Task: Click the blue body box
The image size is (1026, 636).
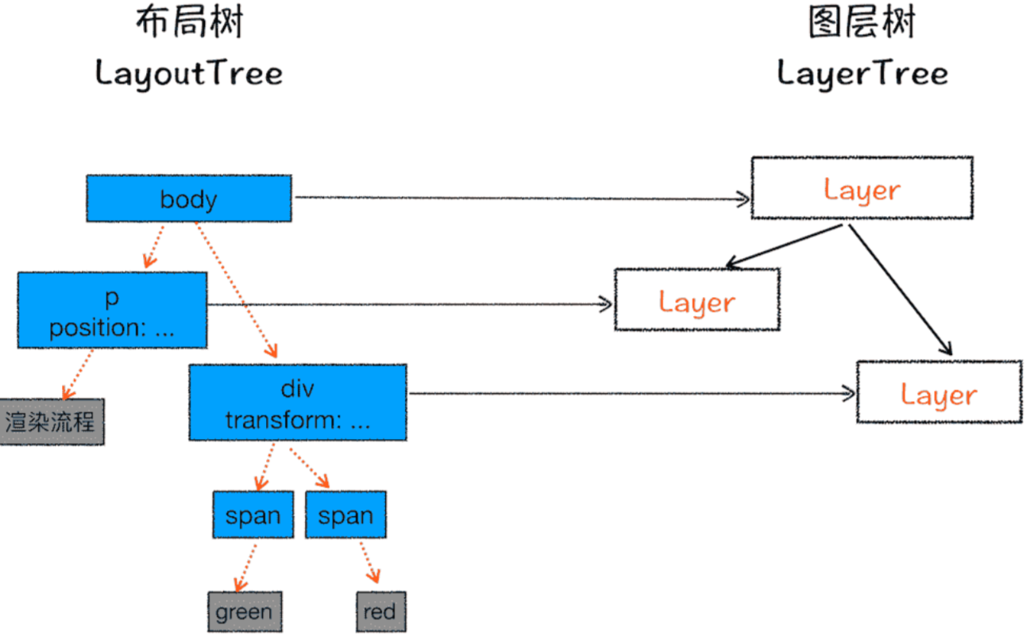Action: (x=188, y=198)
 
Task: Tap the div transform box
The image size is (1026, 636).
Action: (x=297, y=402)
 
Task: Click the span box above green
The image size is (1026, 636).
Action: (x=253, y=515)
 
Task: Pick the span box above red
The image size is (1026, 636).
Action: (x=345, y=515)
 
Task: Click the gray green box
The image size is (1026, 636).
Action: (x=244, y=611)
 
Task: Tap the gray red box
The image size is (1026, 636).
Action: (x=380, y=611)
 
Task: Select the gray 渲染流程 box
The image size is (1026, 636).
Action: (x=51, y=422)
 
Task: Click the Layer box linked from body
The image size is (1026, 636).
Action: (x=862, y=188)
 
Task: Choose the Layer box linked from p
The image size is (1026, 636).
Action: (x=696, y=299)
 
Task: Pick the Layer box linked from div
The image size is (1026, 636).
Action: (x=939, y=391)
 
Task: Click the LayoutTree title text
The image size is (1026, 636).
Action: (x=189, y=74)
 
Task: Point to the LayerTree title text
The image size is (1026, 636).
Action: (x=862, y=74)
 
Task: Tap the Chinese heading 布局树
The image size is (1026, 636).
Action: (x=189, y=23)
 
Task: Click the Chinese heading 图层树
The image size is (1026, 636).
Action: (x=862, y=23)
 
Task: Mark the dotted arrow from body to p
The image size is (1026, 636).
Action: (x=154, y=246)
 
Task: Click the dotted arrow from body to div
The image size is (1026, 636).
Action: (x=236, y=291)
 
